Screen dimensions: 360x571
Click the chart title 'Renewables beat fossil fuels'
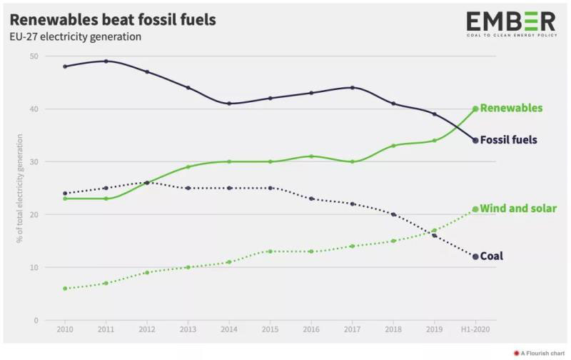pos(112,19)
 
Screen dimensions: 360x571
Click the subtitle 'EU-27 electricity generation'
pos(75,36)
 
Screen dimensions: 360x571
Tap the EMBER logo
pos(510,24)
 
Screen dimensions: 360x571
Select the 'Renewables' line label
pos(511,109)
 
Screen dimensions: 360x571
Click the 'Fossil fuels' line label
pos(509,140)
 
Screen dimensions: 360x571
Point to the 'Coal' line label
pos(492,256)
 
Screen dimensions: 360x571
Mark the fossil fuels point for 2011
pos(106,61)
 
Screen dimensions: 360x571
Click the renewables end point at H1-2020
pos(475,109)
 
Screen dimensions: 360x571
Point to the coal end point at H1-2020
pos(475,256)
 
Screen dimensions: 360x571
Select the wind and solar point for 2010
pos(65,289)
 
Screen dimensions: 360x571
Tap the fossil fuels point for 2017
pos(353,88)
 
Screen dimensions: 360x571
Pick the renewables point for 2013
pos(188,167)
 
